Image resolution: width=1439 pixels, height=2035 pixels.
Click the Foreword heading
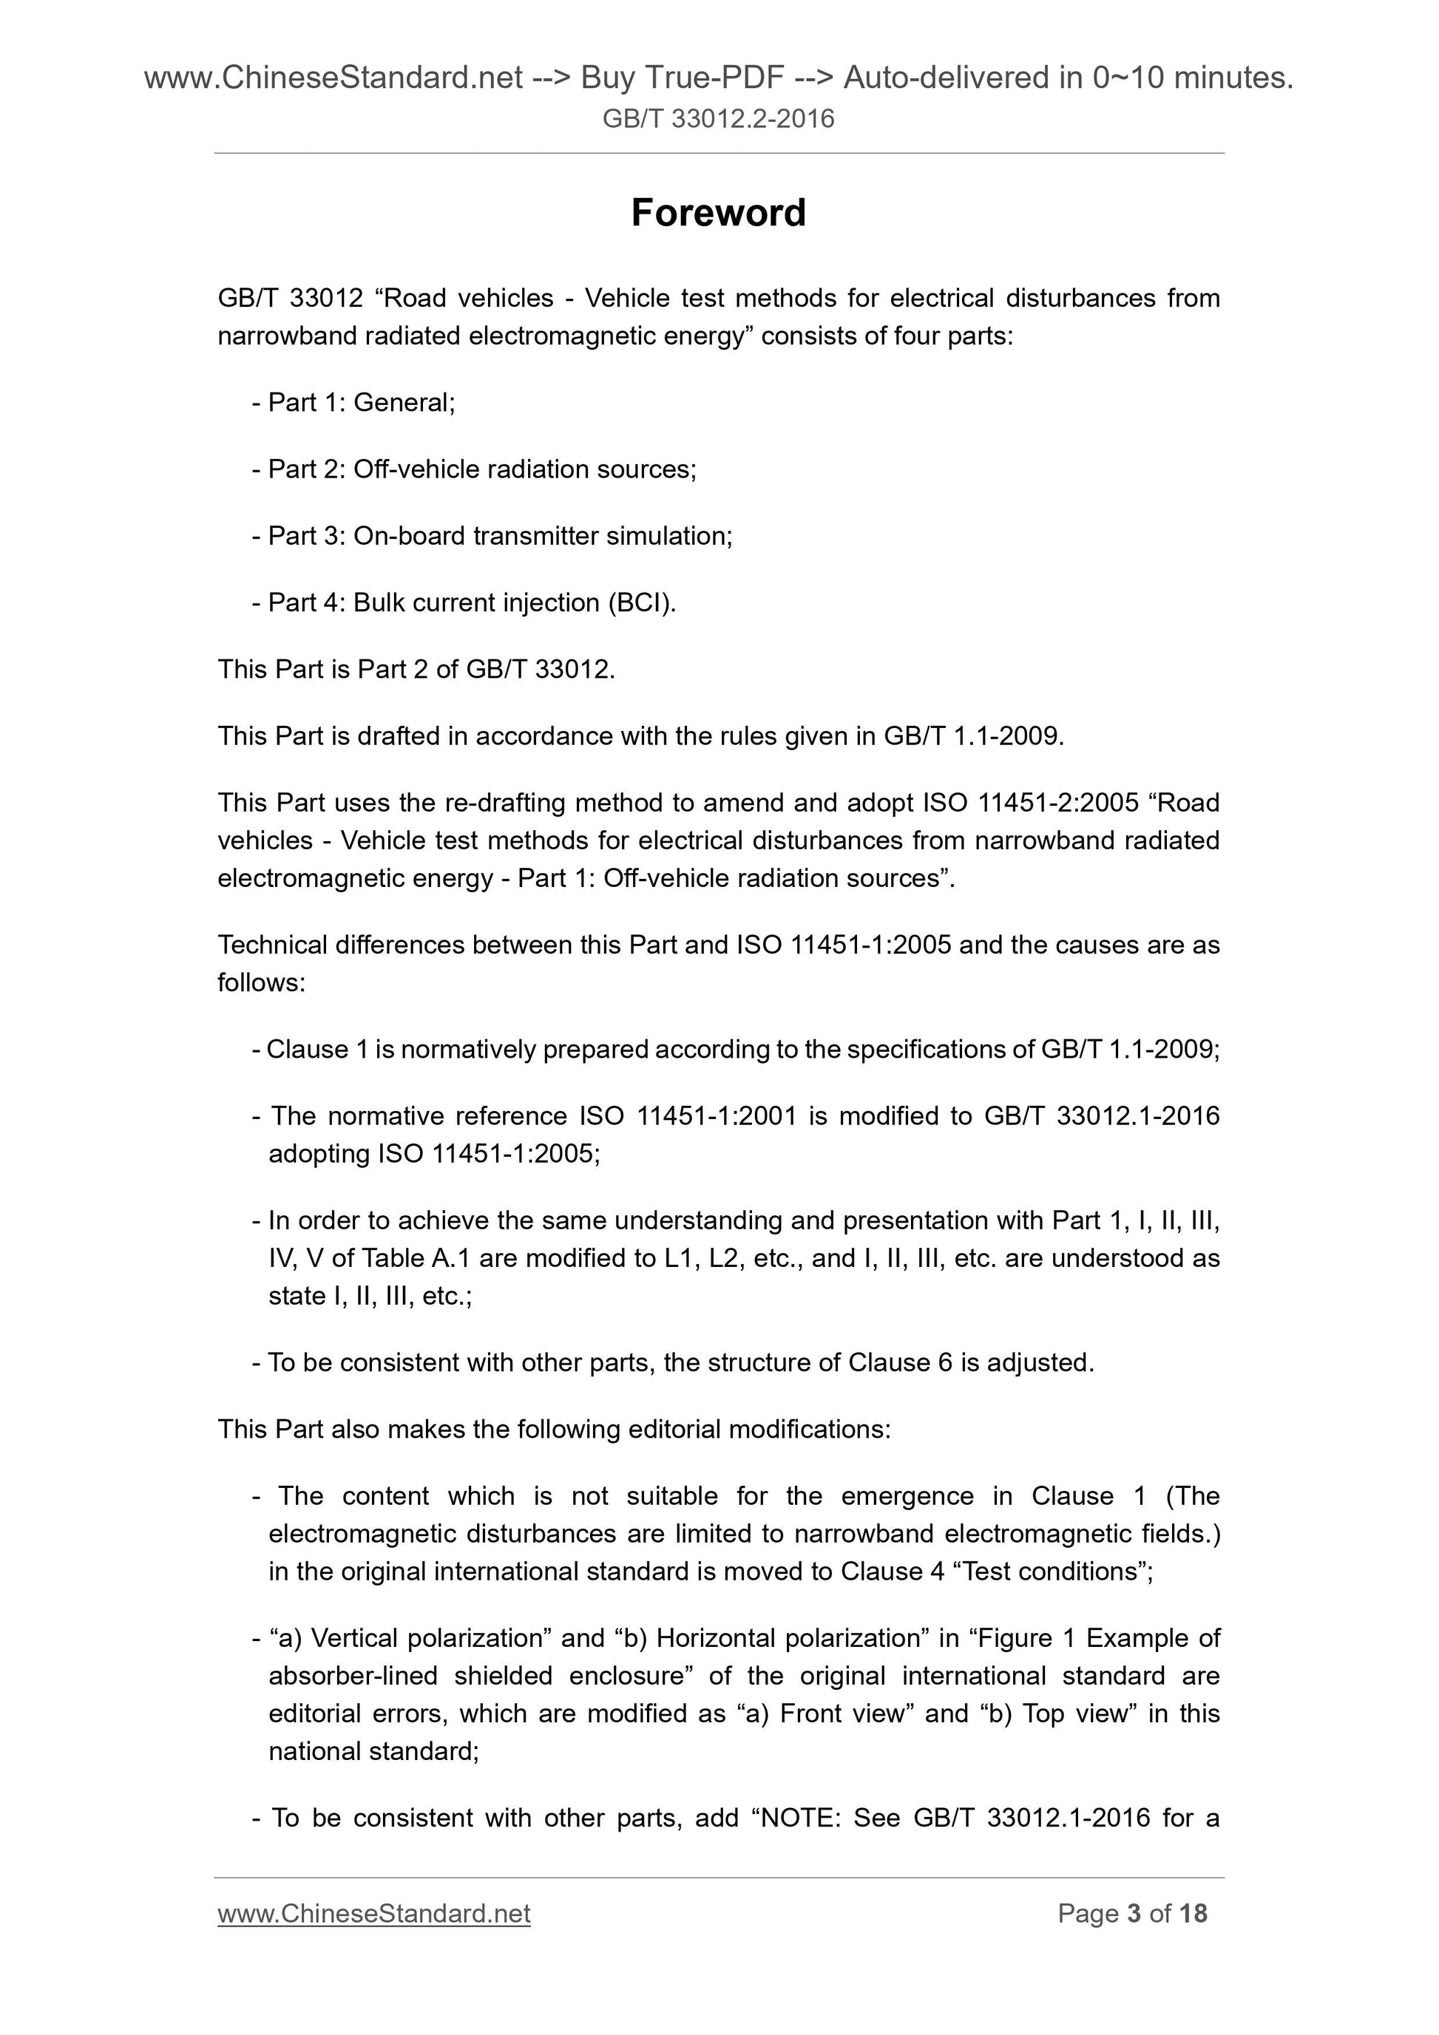click(x=718, y=214)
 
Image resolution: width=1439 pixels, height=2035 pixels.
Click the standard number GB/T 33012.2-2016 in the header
click(x=718, y=119)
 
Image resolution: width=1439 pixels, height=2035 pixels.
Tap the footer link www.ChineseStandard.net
click(x=373, y=1914)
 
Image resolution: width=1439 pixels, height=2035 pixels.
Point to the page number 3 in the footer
click(x=1133, y=1914)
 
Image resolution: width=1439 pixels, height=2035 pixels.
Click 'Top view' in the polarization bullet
click(x=1078, y=1713)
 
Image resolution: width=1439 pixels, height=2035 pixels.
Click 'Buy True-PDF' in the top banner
click(x=682, y=78)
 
